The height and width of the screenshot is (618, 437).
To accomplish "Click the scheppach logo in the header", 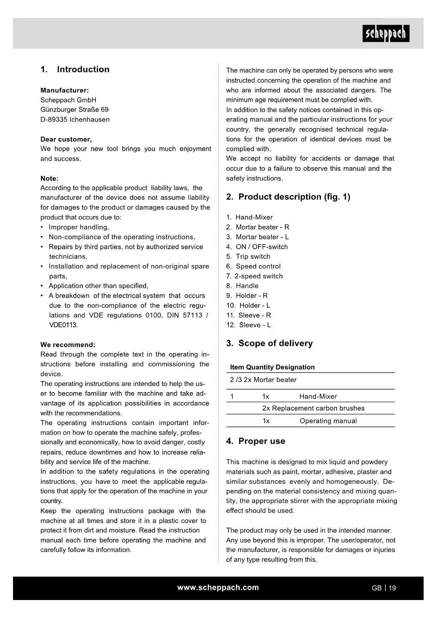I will pyautogui.click(x=386, y=33).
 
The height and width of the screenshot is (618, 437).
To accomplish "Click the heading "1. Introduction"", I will pyautogui.click(x=75, y=69).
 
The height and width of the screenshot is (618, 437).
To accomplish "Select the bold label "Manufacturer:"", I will pyautogui.click(x=64, y=90).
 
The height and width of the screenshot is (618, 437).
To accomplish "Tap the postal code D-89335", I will pyautogui.click(x=54, y=120).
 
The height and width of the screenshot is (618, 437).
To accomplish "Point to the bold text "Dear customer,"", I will pyautogui.click(x=66, y=139).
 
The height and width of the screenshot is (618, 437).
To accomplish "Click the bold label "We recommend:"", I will pyautogui.click(x=68, y=345).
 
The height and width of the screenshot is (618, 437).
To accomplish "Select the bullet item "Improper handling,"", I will pyautogui.click(x=79, y=227).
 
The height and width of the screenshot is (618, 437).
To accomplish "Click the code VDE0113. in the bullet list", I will pyautogui.click(x=63, y=325).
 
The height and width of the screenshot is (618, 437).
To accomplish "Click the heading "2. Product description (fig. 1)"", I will pyautogui.click(x=288, y=197).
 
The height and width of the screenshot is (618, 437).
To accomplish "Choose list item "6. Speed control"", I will pyautogui.click(x=254, y=266).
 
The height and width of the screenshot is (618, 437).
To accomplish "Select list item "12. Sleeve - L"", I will pyautogui.click(x=249, y=325).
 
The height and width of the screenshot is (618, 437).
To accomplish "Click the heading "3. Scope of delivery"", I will pyautogui.click(x=269, y=344).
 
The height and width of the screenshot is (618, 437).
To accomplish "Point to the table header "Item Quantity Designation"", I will pyautogui.click(x=272, y=367).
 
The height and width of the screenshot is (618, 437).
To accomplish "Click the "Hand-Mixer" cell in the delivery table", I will pyautogui.click(x=318, y=397).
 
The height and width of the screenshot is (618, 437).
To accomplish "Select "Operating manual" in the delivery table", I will pyautogui.click(x=328, y=421).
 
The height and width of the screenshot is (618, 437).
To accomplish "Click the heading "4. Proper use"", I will pyautogui.click(x=256, y=441).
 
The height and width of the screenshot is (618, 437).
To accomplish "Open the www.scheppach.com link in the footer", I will pyautogui.click(x=218, y=588).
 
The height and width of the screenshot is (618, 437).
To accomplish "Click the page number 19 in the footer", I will pyautogui.click(x=392, y=588).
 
